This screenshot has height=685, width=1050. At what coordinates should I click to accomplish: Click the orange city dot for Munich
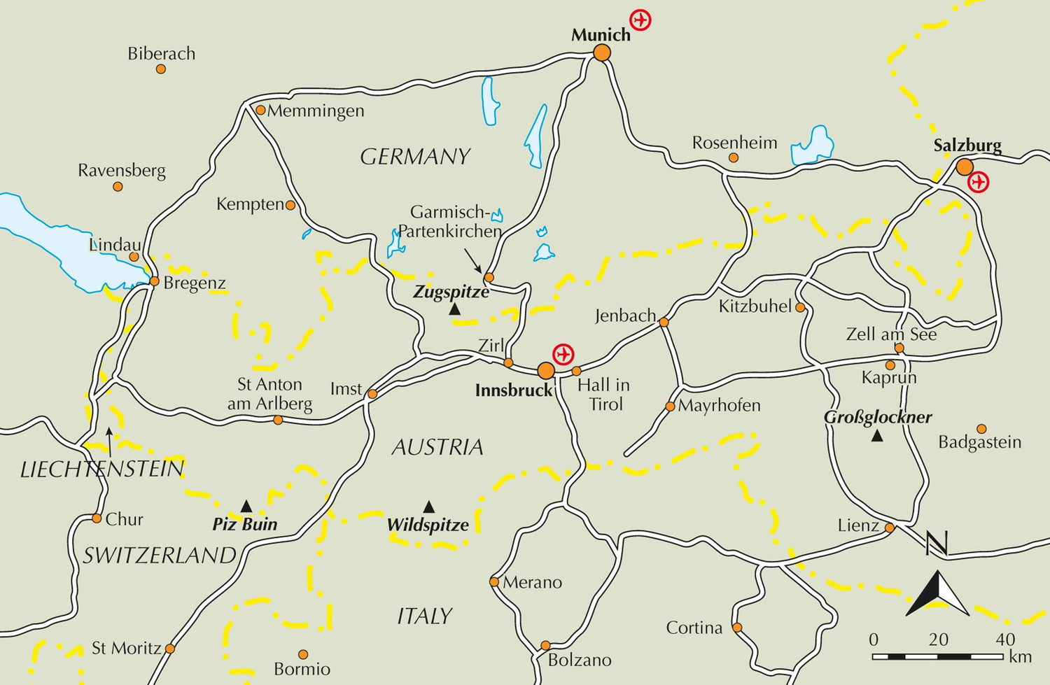601,53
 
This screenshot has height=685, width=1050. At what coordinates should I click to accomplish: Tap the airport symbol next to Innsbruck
563,354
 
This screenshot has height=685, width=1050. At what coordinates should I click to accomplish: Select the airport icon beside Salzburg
978,183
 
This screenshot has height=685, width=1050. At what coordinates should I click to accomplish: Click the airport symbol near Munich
640,20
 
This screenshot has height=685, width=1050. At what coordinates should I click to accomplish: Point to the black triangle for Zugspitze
455,309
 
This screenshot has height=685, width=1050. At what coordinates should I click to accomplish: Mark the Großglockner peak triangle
876,436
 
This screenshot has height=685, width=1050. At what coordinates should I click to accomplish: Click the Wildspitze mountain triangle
428,507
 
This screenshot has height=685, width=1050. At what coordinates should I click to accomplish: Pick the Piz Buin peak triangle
246,506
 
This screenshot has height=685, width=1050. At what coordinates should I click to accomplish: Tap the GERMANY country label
415,157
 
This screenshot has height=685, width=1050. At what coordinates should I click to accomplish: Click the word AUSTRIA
437,447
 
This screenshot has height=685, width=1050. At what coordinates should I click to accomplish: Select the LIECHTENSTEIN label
102,469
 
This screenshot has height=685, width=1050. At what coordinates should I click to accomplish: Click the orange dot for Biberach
161,69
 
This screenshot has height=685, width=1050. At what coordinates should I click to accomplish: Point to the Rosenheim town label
734,143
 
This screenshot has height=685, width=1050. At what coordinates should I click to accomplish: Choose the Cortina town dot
736,628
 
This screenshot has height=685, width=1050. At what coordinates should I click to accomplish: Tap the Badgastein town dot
981,429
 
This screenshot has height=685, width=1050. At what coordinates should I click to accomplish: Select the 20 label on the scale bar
938,640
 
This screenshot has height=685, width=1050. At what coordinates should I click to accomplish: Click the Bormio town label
302,670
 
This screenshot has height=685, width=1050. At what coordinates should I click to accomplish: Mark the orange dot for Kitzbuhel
800,307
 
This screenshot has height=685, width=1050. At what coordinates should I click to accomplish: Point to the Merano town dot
494,582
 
